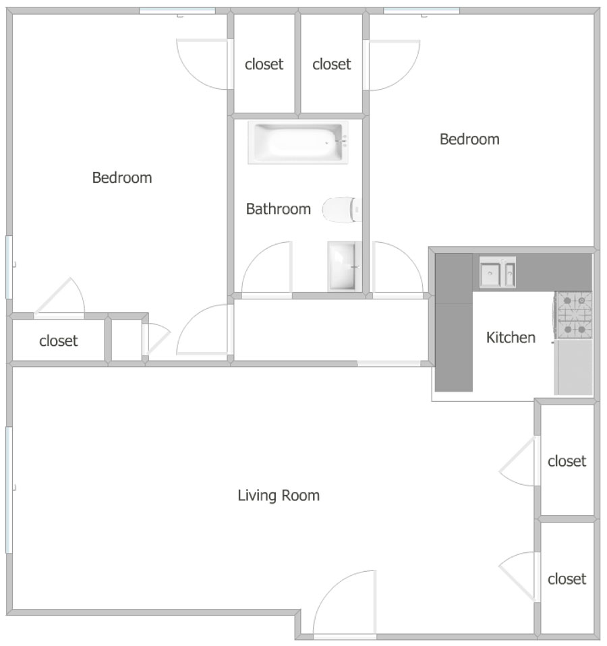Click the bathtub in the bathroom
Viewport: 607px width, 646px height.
pos(298,142)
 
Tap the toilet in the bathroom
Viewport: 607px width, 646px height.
pos(342,210)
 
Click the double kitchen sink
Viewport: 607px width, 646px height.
pos(497,272)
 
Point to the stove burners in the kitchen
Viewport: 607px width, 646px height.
pos(574,315)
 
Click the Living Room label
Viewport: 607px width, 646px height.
pos(279,495)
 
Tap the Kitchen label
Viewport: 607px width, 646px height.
pos(511,337)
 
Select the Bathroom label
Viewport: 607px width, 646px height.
pos(278,209)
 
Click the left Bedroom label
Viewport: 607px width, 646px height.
pos(122,177)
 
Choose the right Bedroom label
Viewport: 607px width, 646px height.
pos(469,140)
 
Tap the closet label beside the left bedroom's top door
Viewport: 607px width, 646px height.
pos(264,64)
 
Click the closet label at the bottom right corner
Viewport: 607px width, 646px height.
pos(567,579)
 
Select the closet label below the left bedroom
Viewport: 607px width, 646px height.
pos(58,341)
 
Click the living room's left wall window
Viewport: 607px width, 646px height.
pos(9,490)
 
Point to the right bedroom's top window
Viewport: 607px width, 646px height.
pos(422,11)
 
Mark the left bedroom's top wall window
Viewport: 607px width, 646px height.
pos(177,11)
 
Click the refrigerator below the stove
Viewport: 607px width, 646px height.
pos(574,367)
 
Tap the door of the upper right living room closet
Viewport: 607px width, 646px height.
pos(517,461)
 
